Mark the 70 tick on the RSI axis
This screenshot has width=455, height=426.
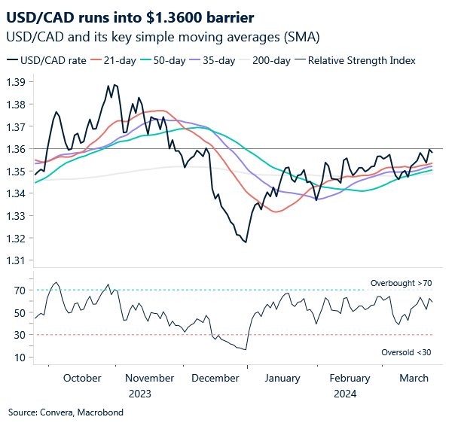pos(20,291)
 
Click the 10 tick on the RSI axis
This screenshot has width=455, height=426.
pos(20,357)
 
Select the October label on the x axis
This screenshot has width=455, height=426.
pos(82,379)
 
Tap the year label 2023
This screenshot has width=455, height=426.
pos(139,393)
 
